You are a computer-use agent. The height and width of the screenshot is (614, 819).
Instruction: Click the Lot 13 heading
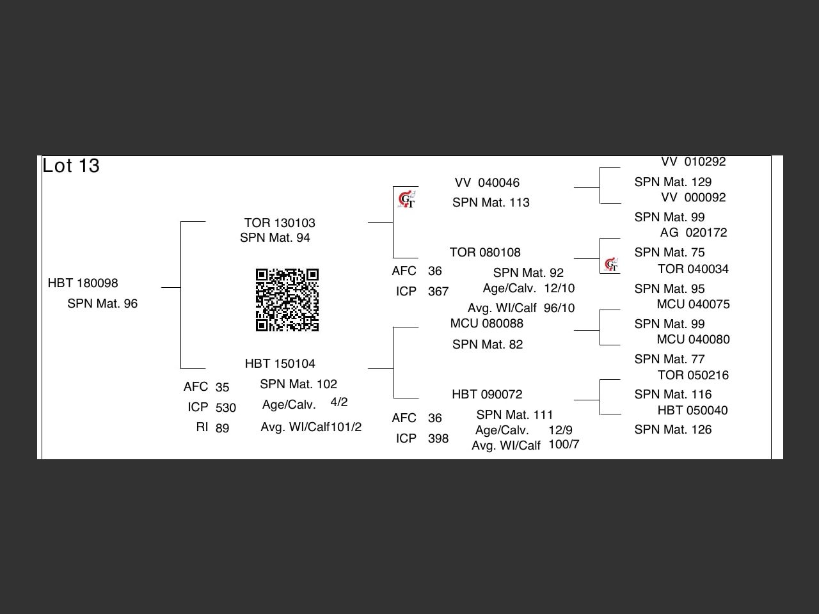tap(71, 166)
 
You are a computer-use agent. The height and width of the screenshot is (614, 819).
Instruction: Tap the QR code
tap(287, 300)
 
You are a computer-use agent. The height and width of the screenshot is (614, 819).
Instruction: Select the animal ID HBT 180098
tap(83, 283)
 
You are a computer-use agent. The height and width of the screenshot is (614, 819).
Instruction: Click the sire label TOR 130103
tap(280, 223)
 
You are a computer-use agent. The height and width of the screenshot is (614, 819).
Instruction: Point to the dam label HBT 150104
tap(280, 364)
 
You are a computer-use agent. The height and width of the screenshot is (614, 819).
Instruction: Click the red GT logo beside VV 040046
tap(406, 200)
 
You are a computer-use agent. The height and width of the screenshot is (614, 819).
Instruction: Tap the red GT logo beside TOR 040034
tap(611, 265)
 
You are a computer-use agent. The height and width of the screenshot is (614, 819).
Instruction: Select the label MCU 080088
tap(486, 324)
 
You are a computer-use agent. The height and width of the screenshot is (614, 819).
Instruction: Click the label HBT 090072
tap(487, 395)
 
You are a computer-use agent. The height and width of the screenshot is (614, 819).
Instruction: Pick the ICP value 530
tap(225, 408)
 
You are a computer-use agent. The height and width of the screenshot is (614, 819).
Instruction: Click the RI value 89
tap(222, 429)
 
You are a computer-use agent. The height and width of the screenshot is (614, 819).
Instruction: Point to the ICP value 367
tap(438, 292)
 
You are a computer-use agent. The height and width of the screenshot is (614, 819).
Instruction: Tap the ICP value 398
tap(438, 439)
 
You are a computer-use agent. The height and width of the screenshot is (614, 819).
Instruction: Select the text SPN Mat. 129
tap(672, 182)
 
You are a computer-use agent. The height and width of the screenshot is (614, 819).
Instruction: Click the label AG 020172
tap(694, 233)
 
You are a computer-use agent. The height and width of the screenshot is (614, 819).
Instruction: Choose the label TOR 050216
tap(693, 375)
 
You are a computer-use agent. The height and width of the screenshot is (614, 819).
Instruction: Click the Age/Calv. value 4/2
tap(339, 402)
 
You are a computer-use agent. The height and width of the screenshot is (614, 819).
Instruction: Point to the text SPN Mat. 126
tap(672, 430)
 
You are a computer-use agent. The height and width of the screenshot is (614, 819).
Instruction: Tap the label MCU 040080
tap(693, 340)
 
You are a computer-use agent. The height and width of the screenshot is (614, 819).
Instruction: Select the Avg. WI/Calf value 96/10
tap(559, 308)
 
